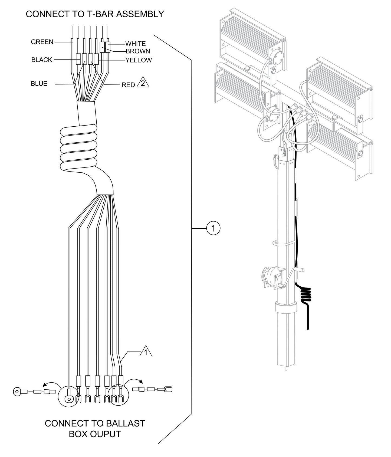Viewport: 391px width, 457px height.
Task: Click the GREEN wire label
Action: [42, 42]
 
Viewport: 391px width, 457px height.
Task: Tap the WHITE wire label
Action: [135, 44]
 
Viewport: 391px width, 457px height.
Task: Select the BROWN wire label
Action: [138, 51]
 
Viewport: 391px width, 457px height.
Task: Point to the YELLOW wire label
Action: [139, 60]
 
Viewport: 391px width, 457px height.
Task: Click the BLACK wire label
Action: [42, 60]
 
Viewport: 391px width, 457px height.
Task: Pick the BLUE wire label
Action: [39, 84]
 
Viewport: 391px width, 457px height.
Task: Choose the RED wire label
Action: [128, 85]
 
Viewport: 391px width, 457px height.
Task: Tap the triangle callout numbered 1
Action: [146, 352]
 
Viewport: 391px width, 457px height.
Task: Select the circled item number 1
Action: [213, 229]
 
